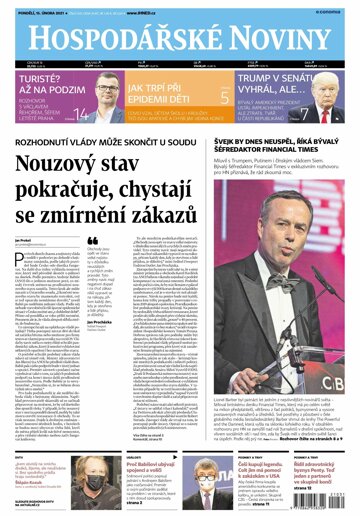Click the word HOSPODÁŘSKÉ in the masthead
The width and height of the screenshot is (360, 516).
pos(116,37)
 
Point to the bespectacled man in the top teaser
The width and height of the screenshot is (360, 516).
pos(108,92)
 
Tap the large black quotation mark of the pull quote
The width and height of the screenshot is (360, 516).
pos(93,240)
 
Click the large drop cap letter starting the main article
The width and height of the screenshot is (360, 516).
pos(19,261)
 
